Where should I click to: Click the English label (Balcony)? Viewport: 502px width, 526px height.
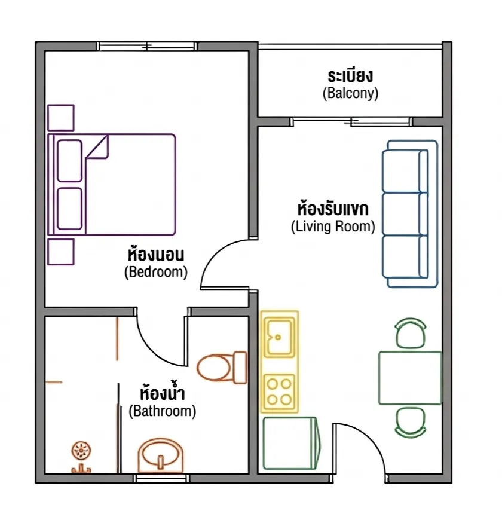350,93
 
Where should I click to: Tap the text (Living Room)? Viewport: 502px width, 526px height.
333,227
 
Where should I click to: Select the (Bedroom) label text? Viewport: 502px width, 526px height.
156,272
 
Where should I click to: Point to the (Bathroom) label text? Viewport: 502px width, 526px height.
163,411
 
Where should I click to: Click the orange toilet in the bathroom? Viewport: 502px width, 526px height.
222,368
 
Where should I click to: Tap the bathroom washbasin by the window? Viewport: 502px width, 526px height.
161,455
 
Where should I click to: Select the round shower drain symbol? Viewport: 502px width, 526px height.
81,451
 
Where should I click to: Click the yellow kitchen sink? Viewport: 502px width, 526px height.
279,337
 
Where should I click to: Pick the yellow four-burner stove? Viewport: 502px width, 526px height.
279,392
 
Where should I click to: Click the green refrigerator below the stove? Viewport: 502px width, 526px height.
291,443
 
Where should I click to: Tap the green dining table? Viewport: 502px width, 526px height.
411,378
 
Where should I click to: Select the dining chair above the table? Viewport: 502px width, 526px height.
411,333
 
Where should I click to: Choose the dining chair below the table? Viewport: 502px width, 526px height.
411,423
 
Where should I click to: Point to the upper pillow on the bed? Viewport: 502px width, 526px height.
70,161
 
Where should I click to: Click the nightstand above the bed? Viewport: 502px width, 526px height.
61,117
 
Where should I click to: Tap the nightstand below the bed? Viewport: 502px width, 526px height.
61,252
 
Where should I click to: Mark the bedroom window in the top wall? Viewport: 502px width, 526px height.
147,46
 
